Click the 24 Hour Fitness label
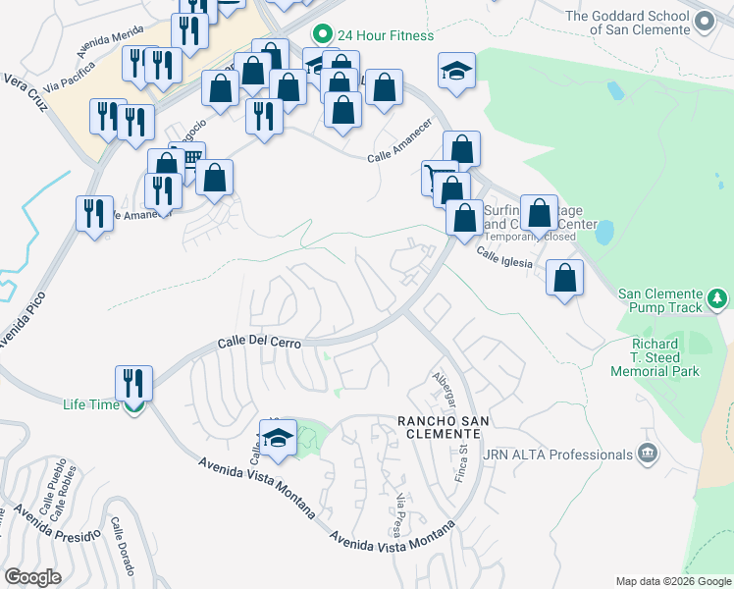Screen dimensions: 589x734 click(384, 35)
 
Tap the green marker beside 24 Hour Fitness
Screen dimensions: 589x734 click(319, 35)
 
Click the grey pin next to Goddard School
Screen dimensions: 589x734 click(704, 20)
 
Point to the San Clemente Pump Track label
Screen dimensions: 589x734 click(658, 300)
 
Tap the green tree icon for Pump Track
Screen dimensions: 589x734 click(717, 297)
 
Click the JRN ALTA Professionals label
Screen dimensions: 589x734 click(557, 455)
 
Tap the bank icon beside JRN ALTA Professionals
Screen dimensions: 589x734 click(647, 453)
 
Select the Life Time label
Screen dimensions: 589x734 click(91, 404)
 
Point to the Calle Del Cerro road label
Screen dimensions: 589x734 click(259, 343)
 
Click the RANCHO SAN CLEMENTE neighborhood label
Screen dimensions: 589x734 click(442, 428)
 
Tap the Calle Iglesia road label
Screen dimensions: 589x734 click(504, 257)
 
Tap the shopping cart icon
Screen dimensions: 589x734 click(439, 178)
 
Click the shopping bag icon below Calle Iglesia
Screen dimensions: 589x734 click(564, 278)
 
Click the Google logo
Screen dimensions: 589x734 click(32, 577)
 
